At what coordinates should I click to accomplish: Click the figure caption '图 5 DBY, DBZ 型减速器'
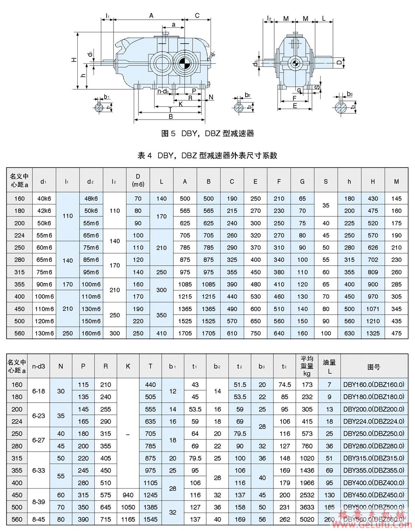click(207, 134)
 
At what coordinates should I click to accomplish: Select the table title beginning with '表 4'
click(207, 155)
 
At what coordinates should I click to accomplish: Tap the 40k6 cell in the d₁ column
click(44, 199)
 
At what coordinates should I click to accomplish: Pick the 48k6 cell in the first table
click(91, 199)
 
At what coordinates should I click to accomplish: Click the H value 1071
click(373, 308)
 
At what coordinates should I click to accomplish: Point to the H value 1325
click(373, 333)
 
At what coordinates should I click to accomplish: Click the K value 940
click(128, 495)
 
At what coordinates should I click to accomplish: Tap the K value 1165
click(128, 520)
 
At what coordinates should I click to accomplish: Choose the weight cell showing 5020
click(307, 520)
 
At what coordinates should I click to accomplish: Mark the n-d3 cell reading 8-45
click(38, 520)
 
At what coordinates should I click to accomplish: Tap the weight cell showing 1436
click(307, 470)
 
